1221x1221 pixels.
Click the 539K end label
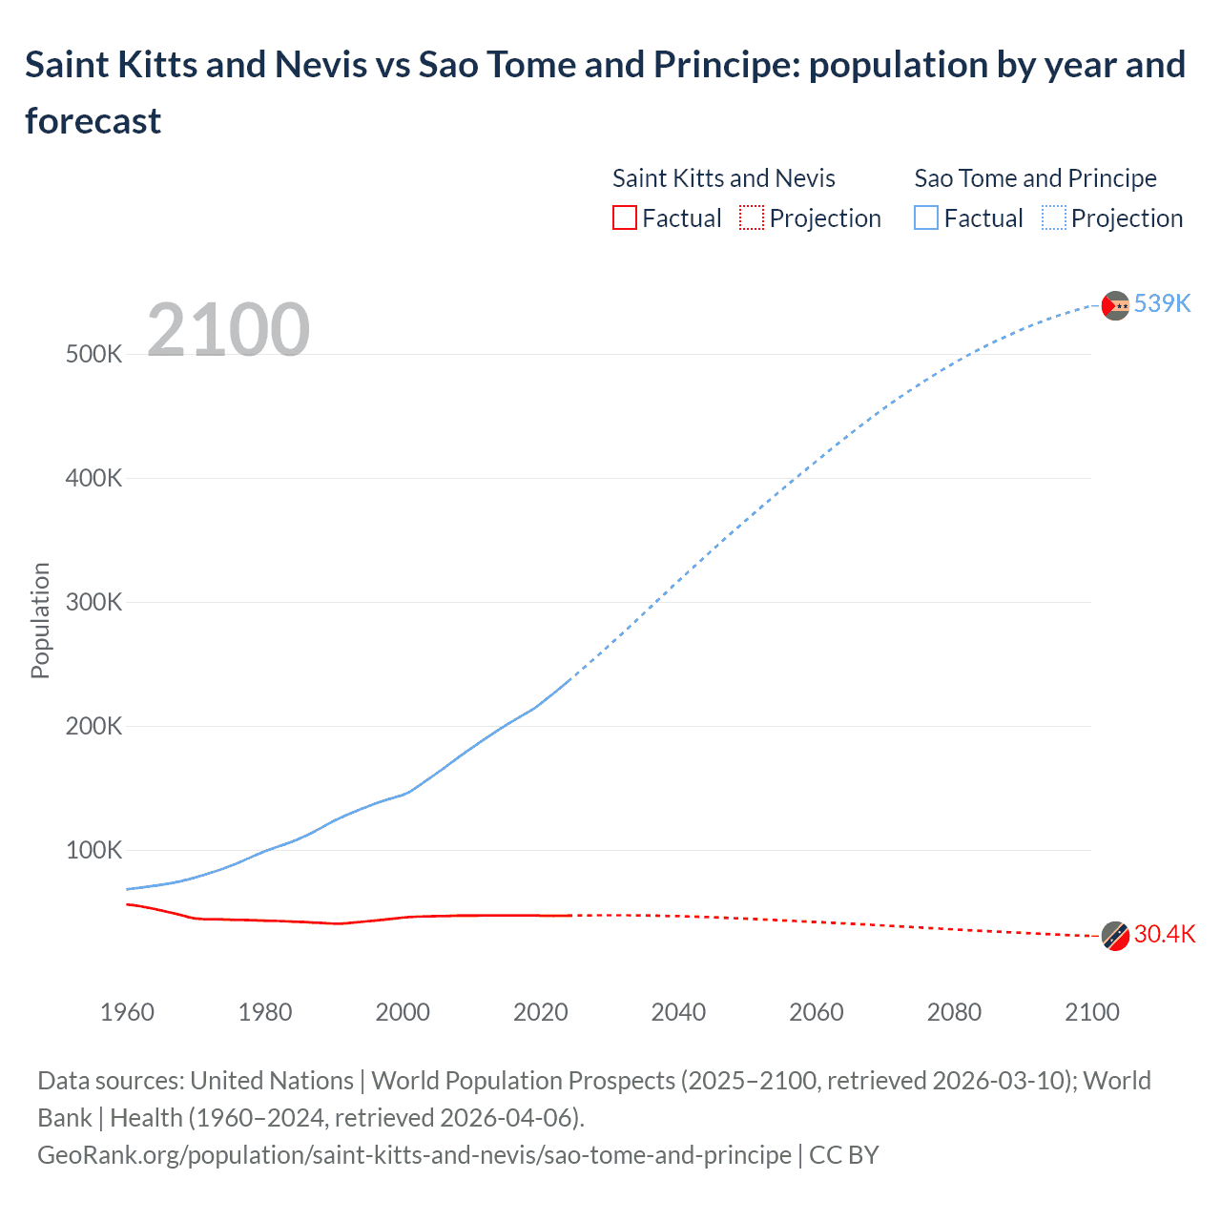click(1162, 303)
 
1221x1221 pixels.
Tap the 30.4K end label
click(1164, 934)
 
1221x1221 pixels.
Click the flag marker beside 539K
click(1115, 305)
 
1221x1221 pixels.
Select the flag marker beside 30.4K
click(1115, 936)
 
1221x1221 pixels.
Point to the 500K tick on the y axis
click(93, 354)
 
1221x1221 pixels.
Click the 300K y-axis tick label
click(93, 602)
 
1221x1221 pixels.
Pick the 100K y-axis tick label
click(93, 850)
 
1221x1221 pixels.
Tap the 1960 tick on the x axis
click(127, 1012)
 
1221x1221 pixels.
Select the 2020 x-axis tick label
click(540, 1012)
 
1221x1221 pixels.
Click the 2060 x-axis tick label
click(816, 1012)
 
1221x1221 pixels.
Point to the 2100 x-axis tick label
click(1091, 1012)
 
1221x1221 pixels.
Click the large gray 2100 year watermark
click(228, 330)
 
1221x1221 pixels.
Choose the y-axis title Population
click(40, 620)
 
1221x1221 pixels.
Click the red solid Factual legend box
click(624, 218)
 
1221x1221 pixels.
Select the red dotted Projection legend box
click(752, 218)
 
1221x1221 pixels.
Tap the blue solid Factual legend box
click(925, 218)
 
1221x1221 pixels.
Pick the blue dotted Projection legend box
click(1053, 218)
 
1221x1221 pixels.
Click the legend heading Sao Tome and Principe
click(1035, 178)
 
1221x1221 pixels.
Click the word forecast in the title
click(93, 121)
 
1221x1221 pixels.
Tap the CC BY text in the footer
click(843, 1155)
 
